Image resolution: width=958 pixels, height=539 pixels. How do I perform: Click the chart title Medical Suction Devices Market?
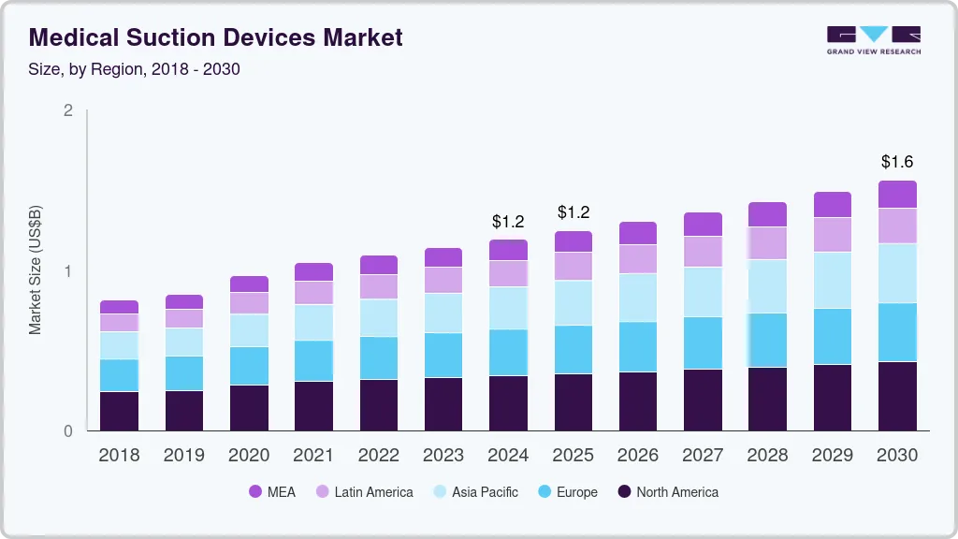(216, 37)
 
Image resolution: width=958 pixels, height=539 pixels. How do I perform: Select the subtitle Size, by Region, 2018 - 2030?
(135, 69)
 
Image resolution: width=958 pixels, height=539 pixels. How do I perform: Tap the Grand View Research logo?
(873, 39)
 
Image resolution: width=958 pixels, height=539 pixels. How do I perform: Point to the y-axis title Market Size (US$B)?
(36, 269)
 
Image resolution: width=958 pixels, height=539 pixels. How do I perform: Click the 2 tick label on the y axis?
(67, 110)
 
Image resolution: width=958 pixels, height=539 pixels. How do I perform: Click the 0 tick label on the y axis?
(67, 431)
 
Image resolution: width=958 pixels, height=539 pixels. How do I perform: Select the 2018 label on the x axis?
(119, 456)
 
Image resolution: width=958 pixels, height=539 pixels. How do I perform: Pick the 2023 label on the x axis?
(443, 456)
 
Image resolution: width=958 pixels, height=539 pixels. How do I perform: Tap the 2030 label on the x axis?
(897, 456)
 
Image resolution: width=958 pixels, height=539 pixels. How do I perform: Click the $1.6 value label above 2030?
(897, 162)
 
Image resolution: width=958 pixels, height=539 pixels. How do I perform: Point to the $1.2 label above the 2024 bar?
(508, 222)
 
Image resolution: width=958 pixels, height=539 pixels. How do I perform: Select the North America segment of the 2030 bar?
(897, 396)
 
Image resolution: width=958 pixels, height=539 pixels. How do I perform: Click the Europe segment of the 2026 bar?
(638, 347)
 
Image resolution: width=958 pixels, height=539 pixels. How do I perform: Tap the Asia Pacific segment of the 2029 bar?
(833, 280)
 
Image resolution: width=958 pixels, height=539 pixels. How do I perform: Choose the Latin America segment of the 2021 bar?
(313, 293)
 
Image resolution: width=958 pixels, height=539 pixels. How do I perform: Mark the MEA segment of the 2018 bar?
(119, 307)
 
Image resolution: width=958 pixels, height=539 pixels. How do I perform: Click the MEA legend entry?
(272, 492)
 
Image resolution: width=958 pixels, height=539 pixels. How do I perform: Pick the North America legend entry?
(667, 492)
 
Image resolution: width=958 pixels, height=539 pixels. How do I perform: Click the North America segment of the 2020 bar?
(249, 408)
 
